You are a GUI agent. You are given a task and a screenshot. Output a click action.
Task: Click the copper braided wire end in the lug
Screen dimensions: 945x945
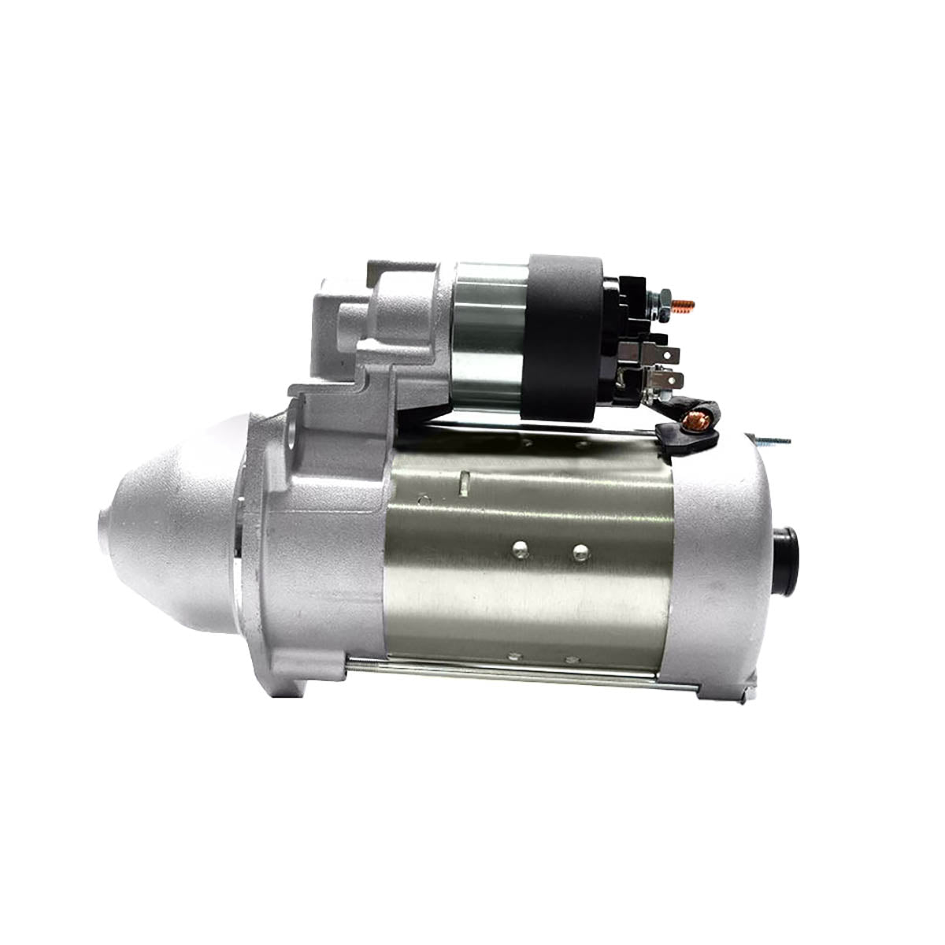[697, 412]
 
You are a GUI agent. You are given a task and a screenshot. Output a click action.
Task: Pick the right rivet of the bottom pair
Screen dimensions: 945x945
[569, 655]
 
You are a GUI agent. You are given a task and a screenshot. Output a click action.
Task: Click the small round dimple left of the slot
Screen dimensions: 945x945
[426, 498]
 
